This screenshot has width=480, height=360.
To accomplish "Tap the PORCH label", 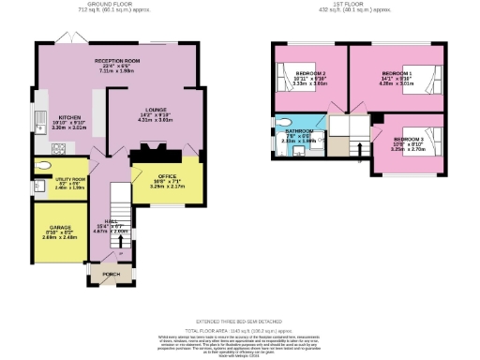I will coord(112,275).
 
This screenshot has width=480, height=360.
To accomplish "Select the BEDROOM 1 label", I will coord(397,72).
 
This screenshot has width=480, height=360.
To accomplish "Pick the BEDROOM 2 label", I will coord(311,72).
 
